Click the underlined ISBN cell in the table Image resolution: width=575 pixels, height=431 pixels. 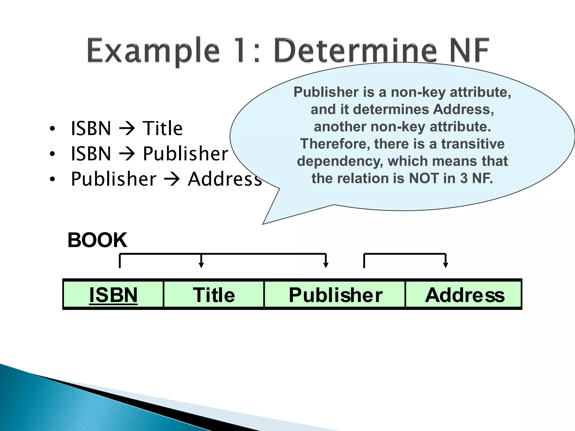tap(113, 295)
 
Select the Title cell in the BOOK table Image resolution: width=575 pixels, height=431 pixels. tap(214, 295)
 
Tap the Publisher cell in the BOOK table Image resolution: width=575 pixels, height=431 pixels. tap(335, 295)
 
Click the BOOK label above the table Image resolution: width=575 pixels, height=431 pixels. tap(97, 240)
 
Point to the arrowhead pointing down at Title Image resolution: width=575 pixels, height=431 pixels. tap(201, 265)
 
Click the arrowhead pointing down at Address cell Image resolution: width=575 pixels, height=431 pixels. tap(446, 265)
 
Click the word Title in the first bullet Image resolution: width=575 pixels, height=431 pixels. tap(163, 128)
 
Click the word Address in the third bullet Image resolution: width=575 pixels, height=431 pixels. tap(225, 179)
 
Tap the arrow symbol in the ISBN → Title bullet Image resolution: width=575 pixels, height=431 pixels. tap(127, 129)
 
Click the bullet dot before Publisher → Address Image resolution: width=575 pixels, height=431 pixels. tap(52, 179)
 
